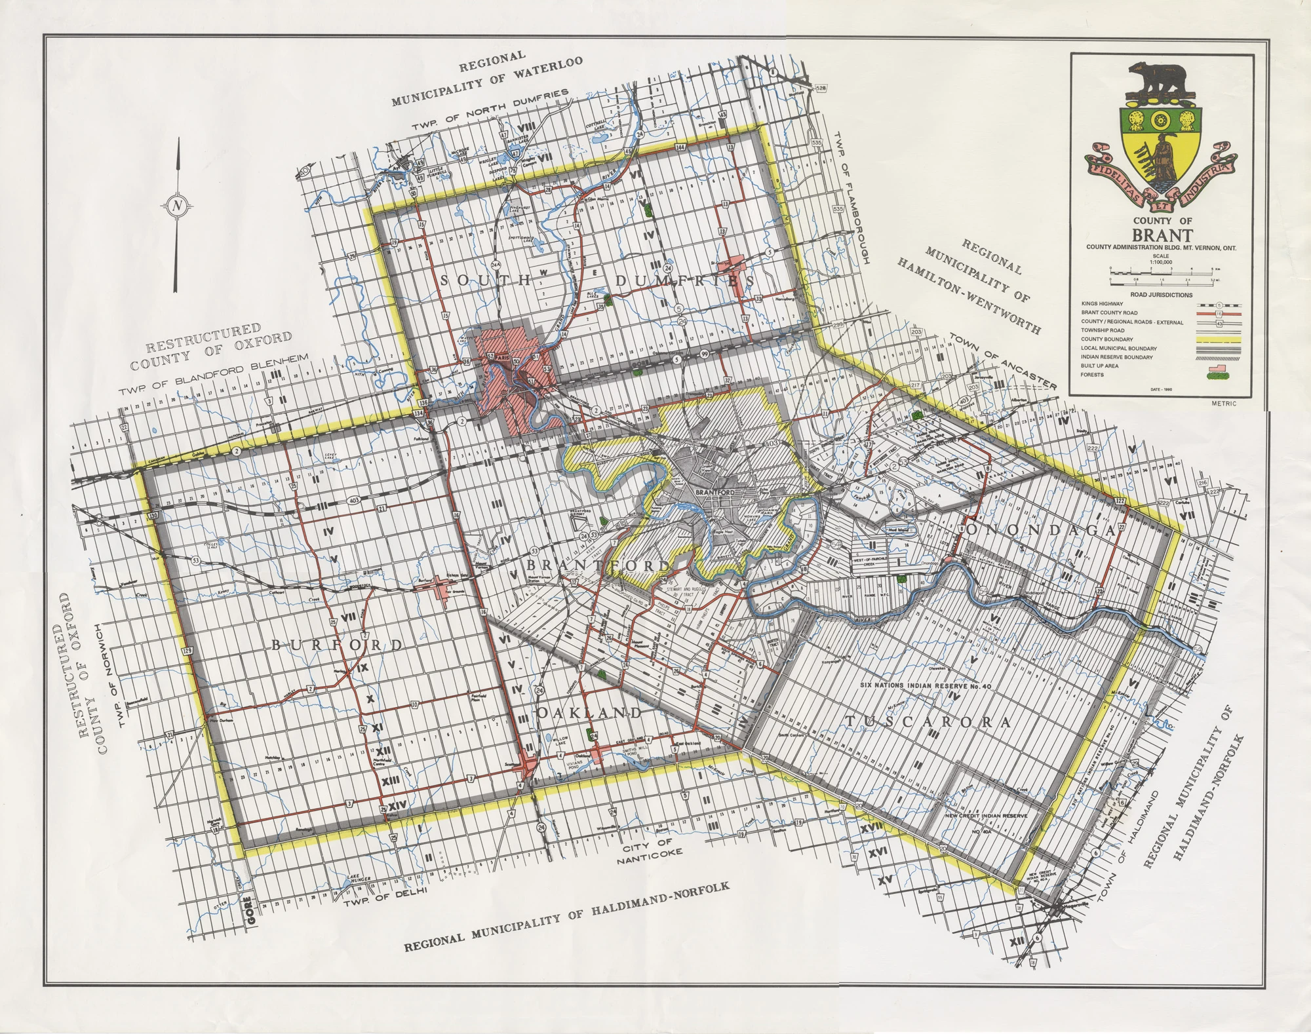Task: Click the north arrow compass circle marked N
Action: click(x=177, y=205)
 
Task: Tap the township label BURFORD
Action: click(x=338, y=645)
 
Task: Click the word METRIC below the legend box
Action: click(x=1224, y=403)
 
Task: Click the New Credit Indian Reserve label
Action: click(x=987, y=816)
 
